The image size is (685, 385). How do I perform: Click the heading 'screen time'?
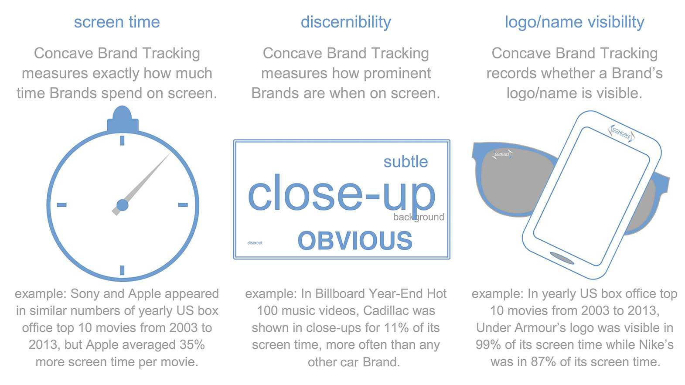pos(117,22)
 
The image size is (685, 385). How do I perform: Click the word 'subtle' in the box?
pos(406,162)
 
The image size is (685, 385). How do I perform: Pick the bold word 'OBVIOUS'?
pos(355,240)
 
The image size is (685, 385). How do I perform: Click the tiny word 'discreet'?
pos(255,243)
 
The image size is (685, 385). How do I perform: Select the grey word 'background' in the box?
pos(418,217)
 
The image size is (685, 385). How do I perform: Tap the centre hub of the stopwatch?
pos(123,205)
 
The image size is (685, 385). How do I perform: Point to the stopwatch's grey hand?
pos(141,184)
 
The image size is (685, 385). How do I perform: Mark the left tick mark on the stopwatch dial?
pos(61,205)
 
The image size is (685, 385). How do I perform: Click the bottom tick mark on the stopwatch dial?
pos(123,270)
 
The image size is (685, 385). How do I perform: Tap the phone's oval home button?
pos(562,258)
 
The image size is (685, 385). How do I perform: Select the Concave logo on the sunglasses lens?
pos(502,154)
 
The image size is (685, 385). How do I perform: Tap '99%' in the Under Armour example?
pos(489,344)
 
